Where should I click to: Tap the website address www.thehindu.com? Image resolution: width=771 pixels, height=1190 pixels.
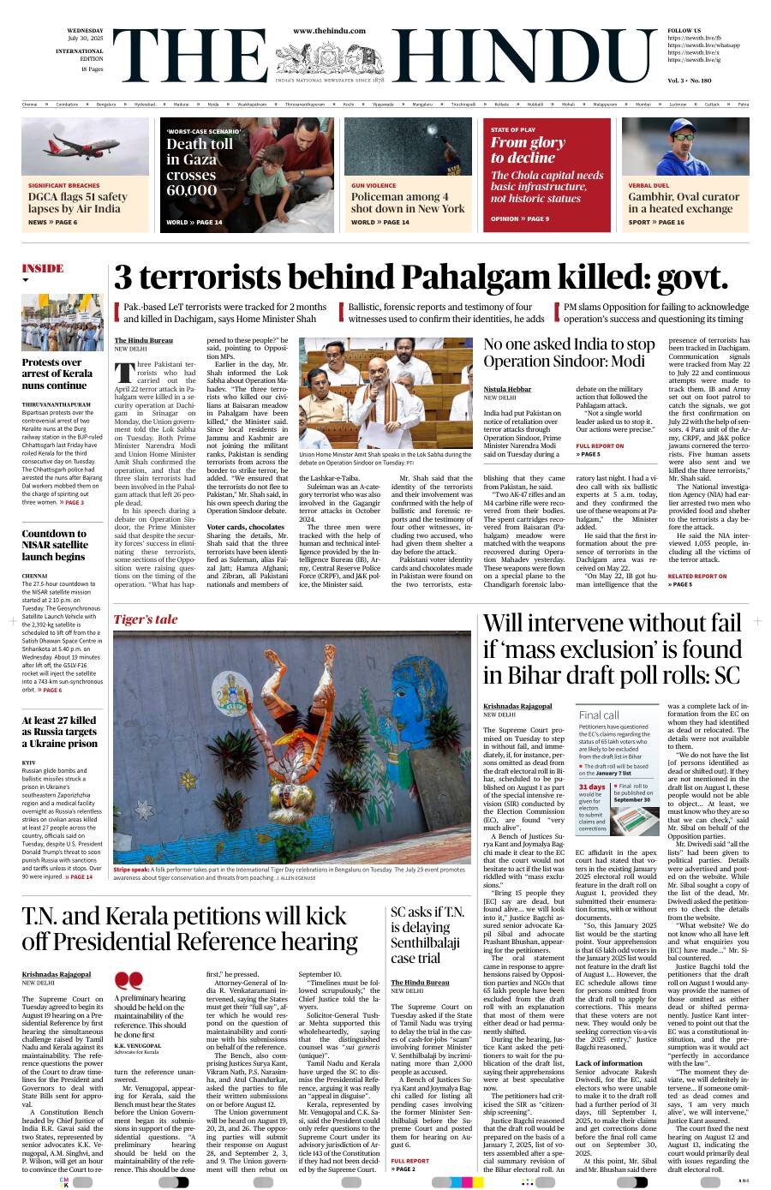point(329,31)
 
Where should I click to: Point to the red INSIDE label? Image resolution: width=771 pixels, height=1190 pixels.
point(43,268)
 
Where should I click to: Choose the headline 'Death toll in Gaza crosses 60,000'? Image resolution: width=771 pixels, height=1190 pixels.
point(199,166)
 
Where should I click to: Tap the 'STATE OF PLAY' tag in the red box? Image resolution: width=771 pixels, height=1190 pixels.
point(513,129)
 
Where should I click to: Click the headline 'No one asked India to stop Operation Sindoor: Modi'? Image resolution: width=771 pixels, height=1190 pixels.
point(569,352)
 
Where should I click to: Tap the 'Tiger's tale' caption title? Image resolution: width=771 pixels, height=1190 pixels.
point(146,619)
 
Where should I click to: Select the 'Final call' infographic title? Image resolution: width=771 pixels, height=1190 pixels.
point(599,715)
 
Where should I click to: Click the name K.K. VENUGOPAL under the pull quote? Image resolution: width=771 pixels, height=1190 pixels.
point(137,1045)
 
